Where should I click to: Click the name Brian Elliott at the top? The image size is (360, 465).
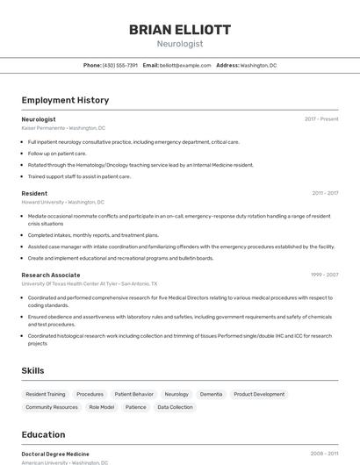tap(180, 30)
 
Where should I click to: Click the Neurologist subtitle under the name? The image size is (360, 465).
tap(180, 43)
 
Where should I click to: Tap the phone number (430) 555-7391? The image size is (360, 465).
tap(120, 66)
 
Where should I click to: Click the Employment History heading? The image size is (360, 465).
tap(65, 101)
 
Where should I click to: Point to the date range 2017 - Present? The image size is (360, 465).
tap(321, 119)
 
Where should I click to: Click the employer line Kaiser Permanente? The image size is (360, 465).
tap(63, 128)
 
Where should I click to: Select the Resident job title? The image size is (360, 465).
tap(34, 193)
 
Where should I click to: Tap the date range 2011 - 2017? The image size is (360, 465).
tap(325, 193)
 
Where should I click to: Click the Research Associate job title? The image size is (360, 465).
tap(51, 275)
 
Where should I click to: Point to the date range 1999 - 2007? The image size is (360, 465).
tap(324, 275)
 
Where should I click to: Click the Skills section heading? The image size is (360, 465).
tap(32, 371)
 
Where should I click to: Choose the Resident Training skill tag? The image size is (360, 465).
tap(46, 395)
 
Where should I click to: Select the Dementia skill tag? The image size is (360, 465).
tap(211, 395)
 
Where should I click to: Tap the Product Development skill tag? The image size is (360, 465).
tap(259, 395)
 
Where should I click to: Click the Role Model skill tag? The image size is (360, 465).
tap(102, 407)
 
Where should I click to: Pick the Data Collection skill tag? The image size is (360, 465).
tap(175, 407)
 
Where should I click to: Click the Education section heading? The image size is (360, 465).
tap(43, 434)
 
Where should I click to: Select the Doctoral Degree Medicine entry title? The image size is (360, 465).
tap(55, 454)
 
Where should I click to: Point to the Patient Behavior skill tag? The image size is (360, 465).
tap(133, 395)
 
